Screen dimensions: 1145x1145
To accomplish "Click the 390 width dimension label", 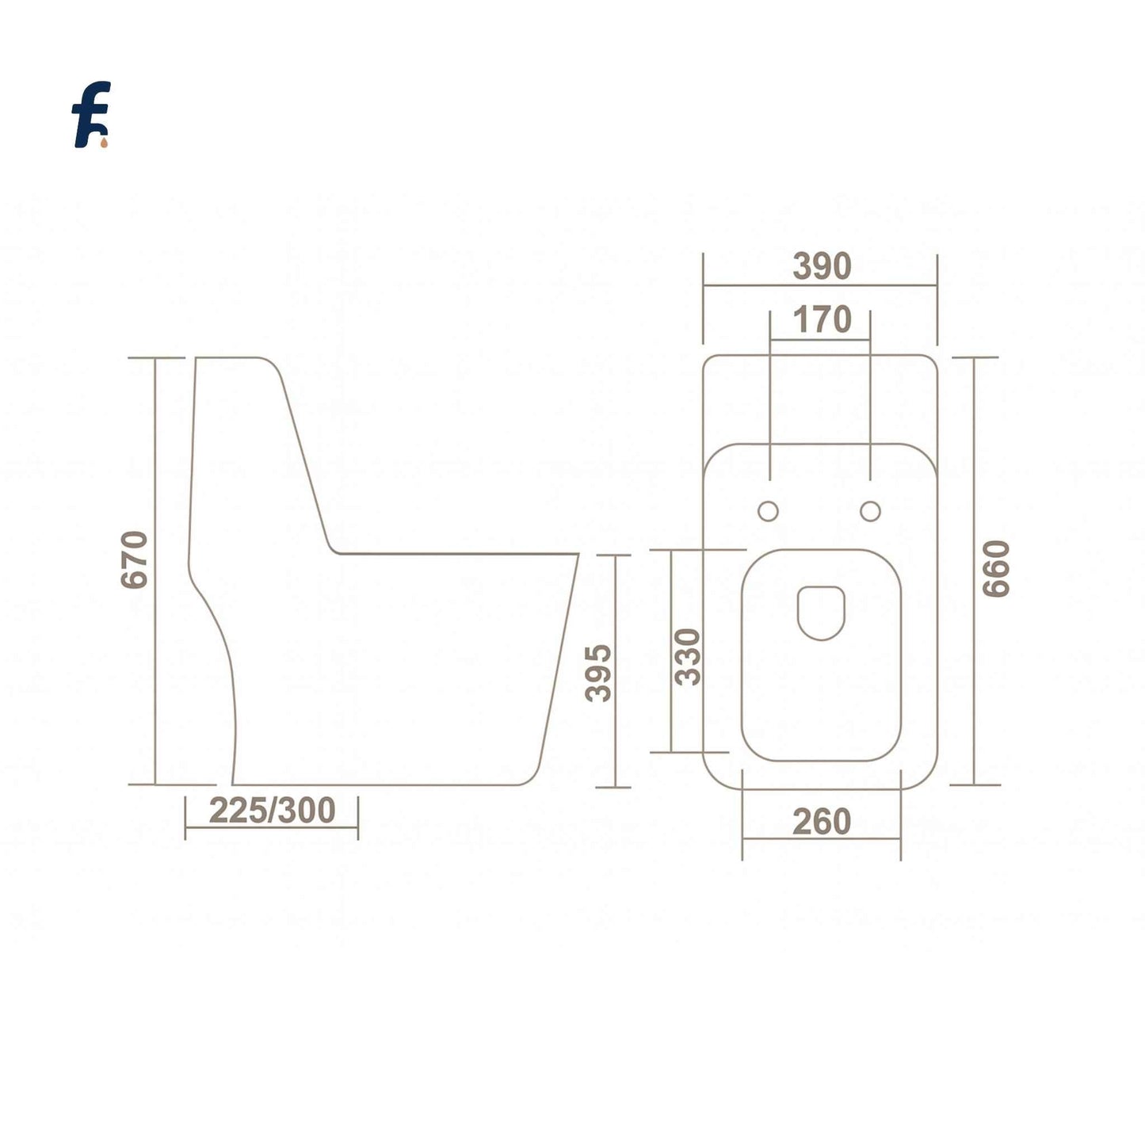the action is tap(822, 267).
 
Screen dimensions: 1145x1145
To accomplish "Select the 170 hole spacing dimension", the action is tap(822, 320).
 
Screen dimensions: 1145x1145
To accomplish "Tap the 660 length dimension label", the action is tap(995, 568).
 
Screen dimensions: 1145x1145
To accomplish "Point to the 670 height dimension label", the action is tap(134, 559).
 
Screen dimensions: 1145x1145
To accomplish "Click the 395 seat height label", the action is tap(599, 673).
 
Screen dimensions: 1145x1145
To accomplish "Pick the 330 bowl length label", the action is tap(688, 656).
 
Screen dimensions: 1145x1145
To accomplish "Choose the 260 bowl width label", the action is tap(822, 822).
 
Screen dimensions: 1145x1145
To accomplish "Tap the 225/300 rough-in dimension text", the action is tap(272, 810).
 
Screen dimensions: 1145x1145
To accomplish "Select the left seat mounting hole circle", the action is tap(768, 511).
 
